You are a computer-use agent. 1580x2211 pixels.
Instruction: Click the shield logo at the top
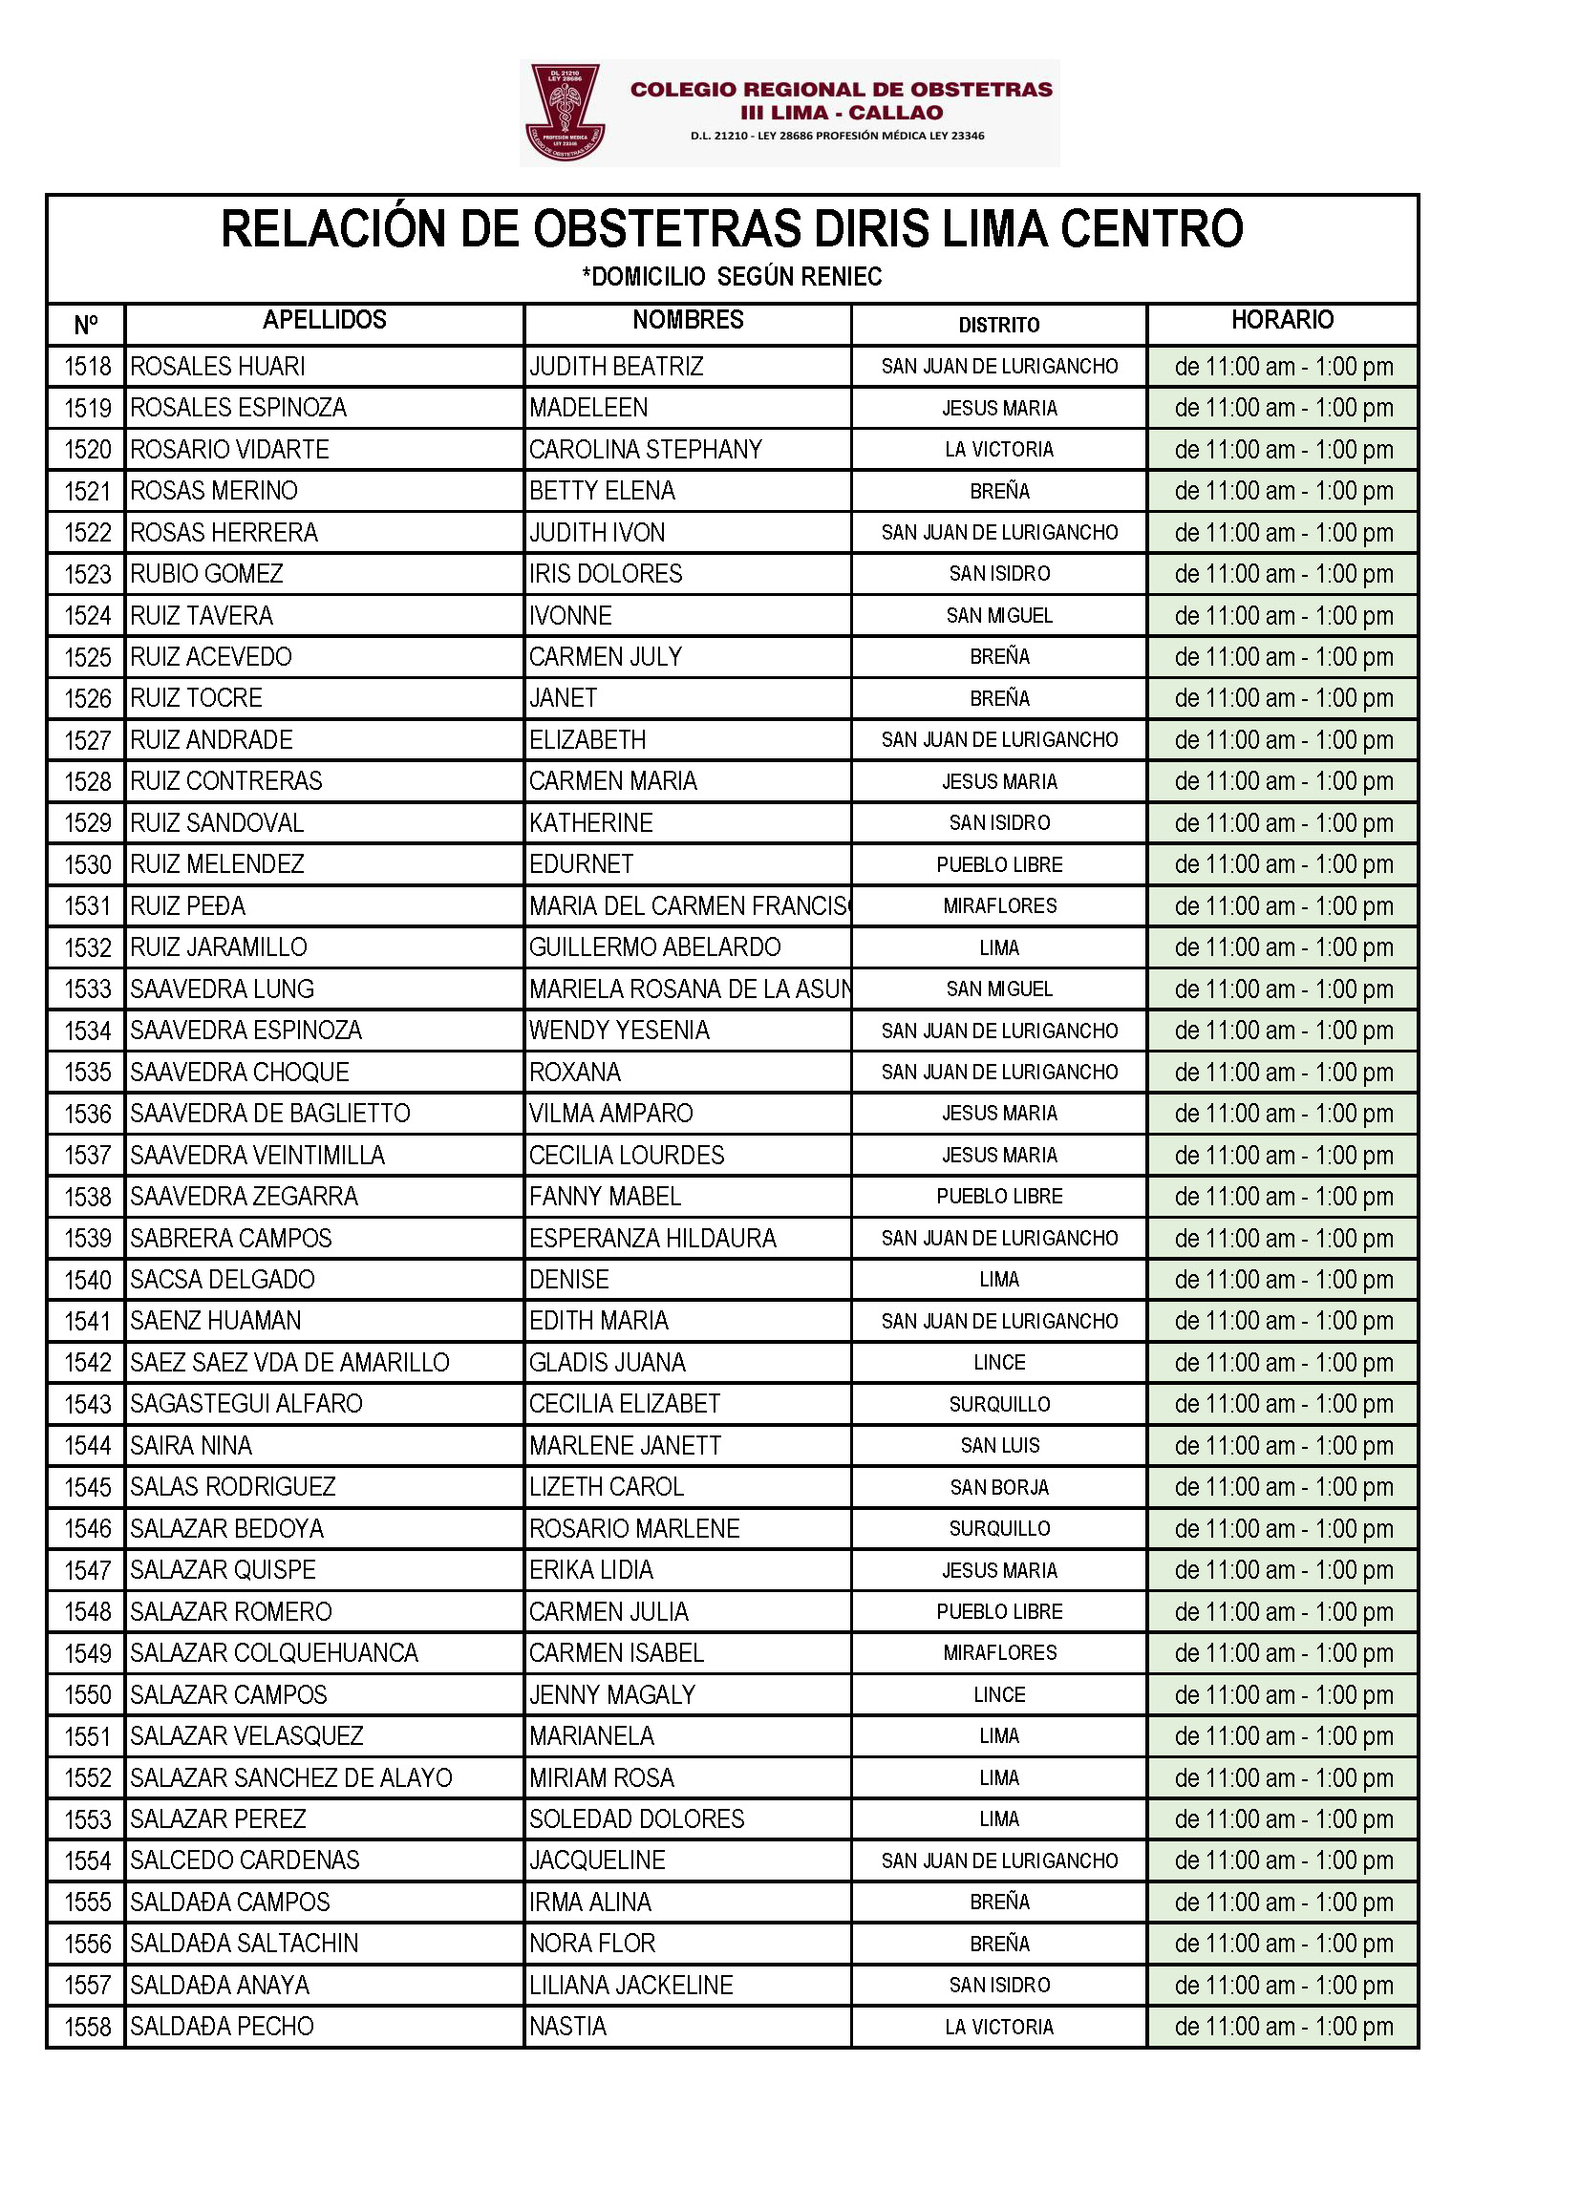pyautogui.click(x=566, y=112)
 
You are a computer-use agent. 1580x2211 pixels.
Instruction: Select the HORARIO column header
pyautogui.click(x=1282, y=320)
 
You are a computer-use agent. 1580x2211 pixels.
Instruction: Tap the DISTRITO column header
pyautogui.click(x=998, y=325)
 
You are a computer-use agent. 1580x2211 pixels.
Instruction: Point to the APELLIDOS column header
pyautogui.click(x=324, y=320)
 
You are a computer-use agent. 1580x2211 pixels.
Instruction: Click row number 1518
pyautogui.click(x=88, y=367)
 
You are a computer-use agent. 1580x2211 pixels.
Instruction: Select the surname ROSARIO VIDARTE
pyautogui.click(x=229, y=450)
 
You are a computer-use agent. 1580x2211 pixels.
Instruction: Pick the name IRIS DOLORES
pyautogui.click(x=605, y=574)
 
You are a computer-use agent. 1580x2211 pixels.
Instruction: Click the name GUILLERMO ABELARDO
pyautogui.click(x=654, y=947)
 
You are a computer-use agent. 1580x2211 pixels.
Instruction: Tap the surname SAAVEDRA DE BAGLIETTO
pyautogui.click(x=270, y=1113)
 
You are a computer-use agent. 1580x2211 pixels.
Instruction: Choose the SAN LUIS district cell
pyautogui.click(x=999, y=1445)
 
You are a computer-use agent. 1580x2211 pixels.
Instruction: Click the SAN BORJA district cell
pyautogui.click(x=999, y=1487)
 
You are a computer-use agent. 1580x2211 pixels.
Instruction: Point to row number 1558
pyautogui.click(x=88, y=2028)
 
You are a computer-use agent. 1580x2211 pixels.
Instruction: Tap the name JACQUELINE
pyautogui.click(x=597, y=1860)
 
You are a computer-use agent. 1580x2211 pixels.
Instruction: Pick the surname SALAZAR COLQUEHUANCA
pyautogui.click(x=274, y=1652)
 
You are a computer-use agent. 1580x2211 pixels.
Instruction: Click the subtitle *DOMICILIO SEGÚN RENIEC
pyautogui.click(x=732, y=277)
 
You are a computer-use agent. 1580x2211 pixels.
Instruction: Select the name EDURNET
pyautogui.click(x=581, y=863)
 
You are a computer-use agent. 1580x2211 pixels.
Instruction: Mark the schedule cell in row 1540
pyautogui.click(x=1282, y=1280)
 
